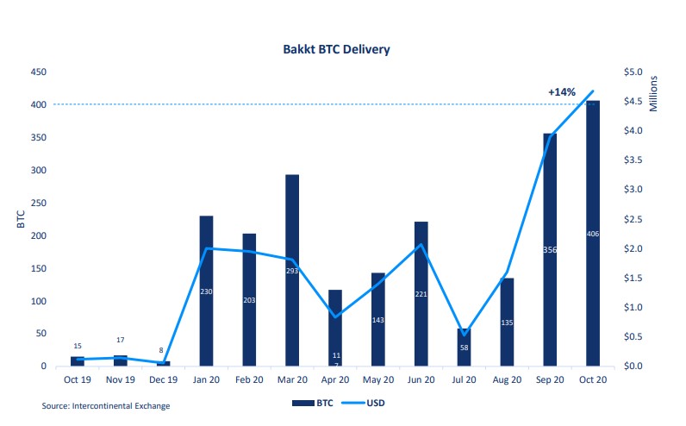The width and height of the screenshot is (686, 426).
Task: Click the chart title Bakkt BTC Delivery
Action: coord(336,49)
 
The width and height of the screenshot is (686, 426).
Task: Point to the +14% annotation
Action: coord(562,91)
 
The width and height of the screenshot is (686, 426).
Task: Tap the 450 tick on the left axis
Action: coord(38,72)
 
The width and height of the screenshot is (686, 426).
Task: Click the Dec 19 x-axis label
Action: coord(163,379)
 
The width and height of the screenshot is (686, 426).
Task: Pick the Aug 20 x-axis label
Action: coord(507,379)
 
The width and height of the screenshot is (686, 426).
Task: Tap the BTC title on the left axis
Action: coord(19,219)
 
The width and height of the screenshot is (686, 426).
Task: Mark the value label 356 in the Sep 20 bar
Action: coord(550,250)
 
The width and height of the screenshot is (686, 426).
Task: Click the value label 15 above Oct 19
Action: coord(78,346)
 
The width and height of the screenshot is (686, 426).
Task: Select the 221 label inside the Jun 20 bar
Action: coord(421,294)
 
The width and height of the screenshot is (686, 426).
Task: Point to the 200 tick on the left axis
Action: coord(38,235)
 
